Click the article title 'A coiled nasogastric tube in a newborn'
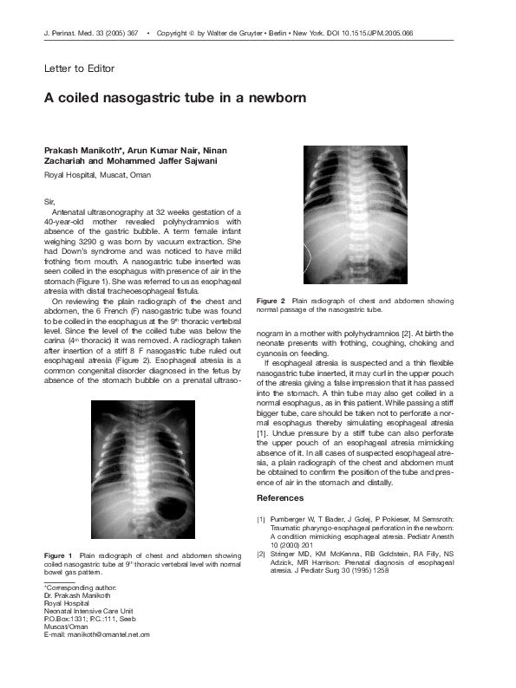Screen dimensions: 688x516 (x=175, y=98)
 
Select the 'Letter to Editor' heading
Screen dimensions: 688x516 (x=79, y=68)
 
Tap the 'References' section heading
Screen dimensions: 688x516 (x=280, y=498)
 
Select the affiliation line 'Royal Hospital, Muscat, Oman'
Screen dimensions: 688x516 (x=97, y=175)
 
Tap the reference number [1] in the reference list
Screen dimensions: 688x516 (x=261, y=519)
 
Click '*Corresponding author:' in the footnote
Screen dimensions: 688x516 (x=79, y=588)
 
